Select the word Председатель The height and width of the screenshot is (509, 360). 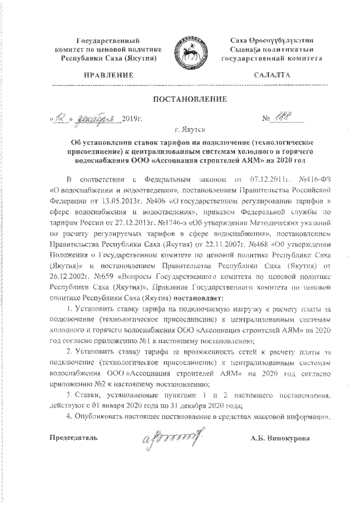74,437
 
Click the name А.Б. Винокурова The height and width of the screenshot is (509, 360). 280,437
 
